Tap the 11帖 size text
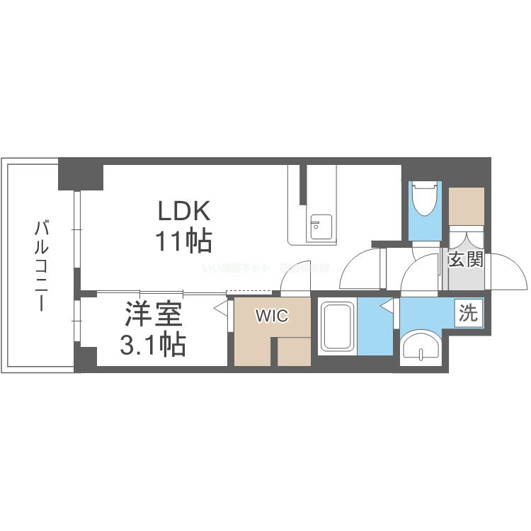click(x=184, y=241)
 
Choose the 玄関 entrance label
click(x=465, y=260)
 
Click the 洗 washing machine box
click(x=468, y=313)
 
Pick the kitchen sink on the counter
click(x=316, y=227)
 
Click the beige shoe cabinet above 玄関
click(x=466, y=205)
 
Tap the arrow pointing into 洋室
click(x=220, y=309)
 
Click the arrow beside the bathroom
click(x=387, y=307)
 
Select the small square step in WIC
click(x=292, y=352)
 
